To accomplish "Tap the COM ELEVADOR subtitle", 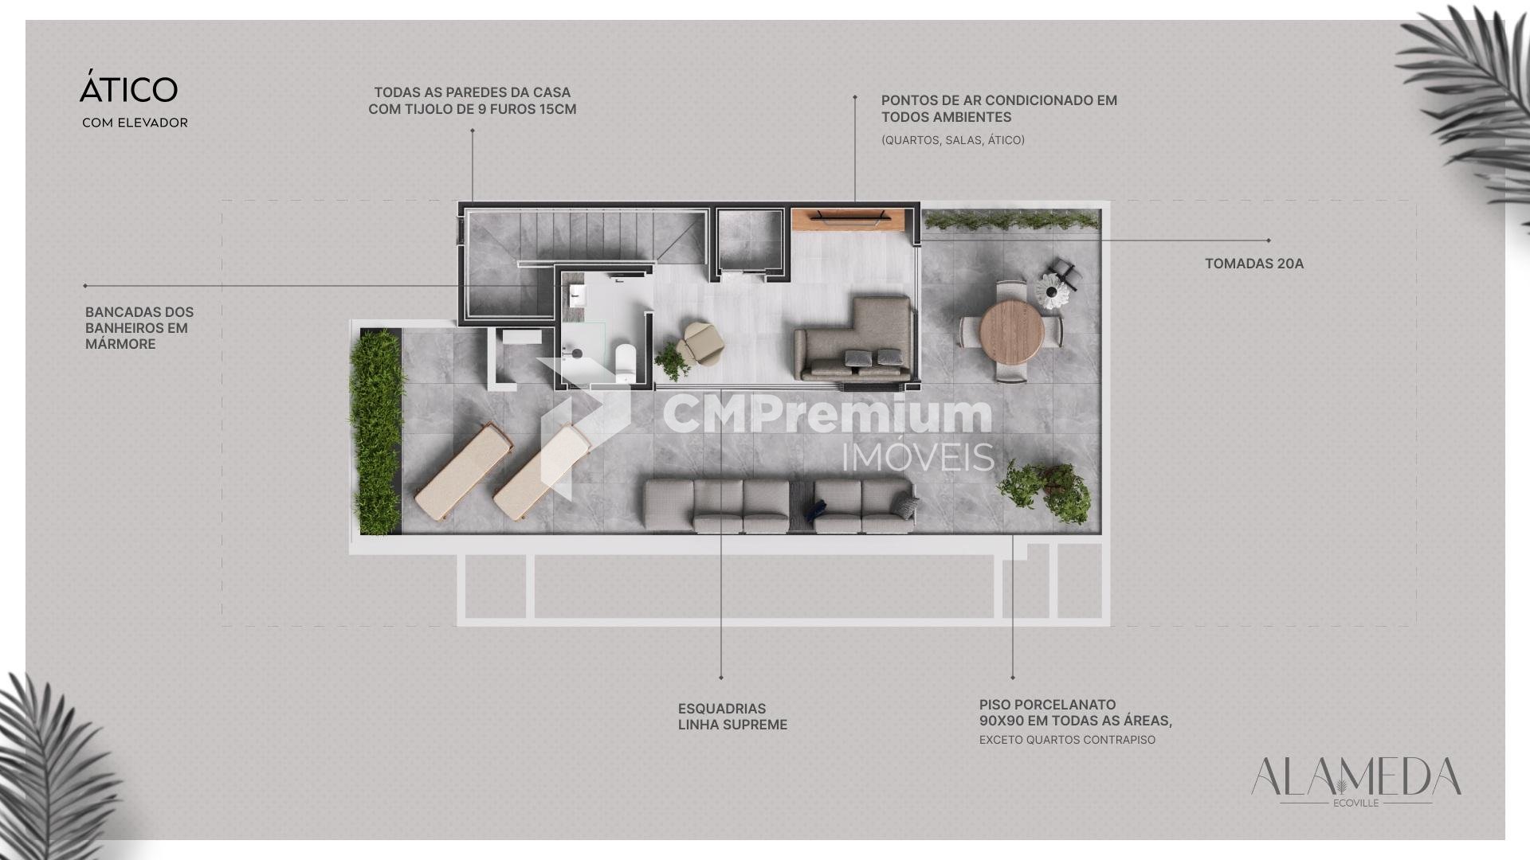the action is point(135,123).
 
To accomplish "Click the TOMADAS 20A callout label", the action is point(1254,264).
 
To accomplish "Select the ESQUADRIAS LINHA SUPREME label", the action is point(732,717).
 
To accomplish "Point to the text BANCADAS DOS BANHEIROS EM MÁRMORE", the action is point(139,328).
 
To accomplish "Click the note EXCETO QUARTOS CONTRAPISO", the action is point(1067,740).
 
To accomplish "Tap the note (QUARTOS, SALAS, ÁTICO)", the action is point(953,140).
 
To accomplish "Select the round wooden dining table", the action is point(1012,330).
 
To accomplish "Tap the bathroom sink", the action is point(577,297).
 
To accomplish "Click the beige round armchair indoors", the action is point(700,343).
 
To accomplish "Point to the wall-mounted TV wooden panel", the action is point(848,219).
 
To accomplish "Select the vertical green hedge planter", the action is point(377,432).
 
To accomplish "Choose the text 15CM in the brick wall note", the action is point(558,109).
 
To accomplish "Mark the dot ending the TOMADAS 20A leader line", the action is point(1269,240).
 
